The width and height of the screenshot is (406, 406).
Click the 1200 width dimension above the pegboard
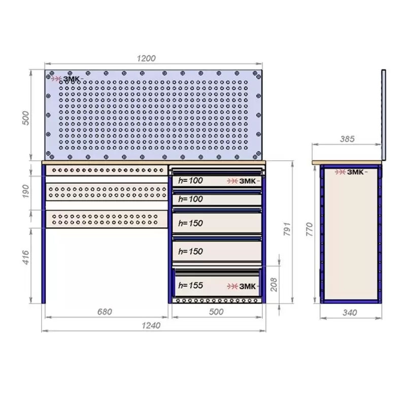pos(146,58)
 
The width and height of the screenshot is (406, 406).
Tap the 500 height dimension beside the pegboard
pos(26,118)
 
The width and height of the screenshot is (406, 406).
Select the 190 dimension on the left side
pos(26,191)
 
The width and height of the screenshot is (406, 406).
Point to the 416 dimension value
pos(26,257)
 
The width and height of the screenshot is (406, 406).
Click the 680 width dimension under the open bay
pos(105,312)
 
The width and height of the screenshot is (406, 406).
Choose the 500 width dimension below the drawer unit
pos(216,312)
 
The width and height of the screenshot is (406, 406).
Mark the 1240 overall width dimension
pos(151,325)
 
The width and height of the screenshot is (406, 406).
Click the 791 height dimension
pos(287,229)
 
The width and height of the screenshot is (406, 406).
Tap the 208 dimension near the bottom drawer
pos(274,285)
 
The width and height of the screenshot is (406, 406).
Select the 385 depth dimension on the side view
pos(347,139)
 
